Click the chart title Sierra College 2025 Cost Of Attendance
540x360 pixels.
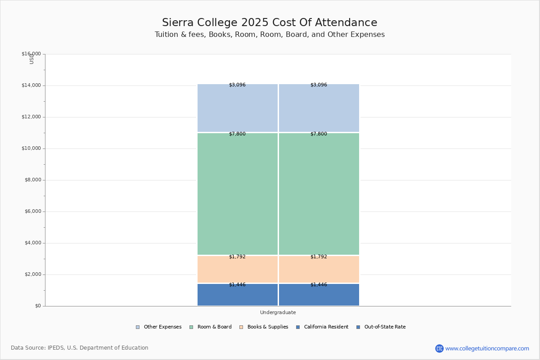(x=270, y=22)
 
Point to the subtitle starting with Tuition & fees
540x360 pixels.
(x=270, y=35)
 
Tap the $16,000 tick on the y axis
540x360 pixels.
(x=31, y=54)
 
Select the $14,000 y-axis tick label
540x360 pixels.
(x=31, y=85)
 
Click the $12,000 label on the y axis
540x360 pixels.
(x=31, y=117)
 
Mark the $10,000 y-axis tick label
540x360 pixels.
(x=31, y=148)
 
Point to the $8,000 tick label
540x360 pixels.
(x=32, y=180)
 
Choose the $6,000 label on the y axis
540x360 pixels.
(x=32, y=211)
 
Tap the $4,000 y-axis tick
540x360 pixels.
(x=32, y=243)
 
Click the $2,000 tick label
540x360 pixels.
(x=32, y=274)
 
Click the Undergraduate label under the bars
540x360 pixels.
(x=278, y=312)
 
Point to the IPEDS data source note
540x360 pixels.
(x=80, y=348)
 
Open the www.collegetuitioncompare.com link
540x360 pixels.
(x=487, y=348)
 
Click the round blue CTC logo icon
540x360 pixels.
(x=439, y=348)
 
